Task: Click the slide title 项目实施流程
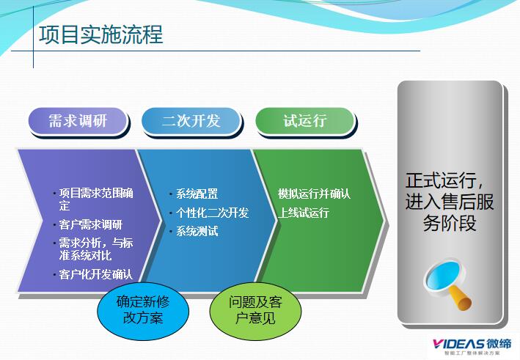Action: [100, 34]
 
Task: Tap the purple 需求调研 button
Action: [78, 121]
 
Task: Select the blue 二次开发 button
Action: [191, 121]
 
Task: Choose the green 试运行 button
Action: [304, 121]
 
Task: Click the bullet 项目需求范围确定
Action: [95, 199]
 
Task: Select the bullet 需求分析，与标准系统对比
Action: [95, 249]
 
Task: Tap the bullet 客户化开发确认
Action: [95, 275]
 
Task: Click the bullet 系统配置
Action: [197, 194]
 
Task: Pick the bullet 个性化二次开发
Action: [212, 213]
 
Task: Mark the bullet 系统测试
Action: [197, 232]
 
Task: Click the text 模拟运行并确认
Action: [314, 194]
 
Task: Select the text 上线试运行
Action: [304, 213]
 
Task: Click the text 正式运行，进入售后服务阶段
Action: [450, 202]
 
